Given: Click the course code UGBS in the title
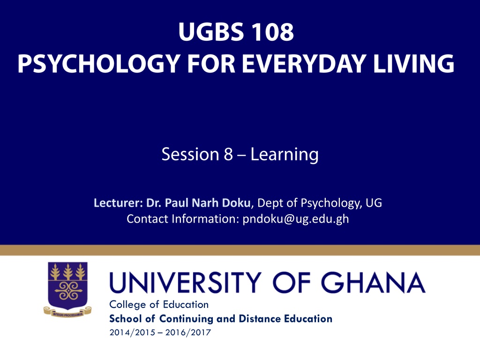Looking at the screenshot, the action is coord(211,31).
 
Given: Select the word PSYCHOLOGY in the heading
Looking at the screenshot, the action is coord(98,64).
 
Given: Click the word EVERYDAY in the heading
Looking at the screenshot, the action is coord(304,63).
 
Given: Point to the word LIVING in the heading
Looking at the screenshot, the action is coord(413,63).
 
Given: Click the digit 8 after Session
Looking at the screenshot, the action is coord(228,154).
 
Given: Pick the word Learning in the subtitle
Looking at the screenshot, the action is coord(285,155).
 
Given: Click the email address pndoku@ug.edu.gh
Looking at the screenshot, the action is coord(296,219).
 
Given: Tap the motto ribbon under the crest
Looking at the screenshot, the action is coord(67,312).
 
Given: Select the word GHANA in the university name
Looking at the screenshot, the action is coord(373,283).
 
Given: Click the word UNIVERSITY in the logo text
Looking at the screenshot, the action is coord(185,283).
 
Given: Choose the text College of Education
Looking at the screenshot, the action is coord(159,305).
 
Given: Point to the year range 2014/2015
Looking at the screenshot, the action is coord(132,332).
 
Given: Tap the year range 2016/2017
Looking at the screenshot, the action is coord(188,332).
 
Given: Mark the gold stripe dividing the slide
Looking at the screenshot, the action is coord(240,250).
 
